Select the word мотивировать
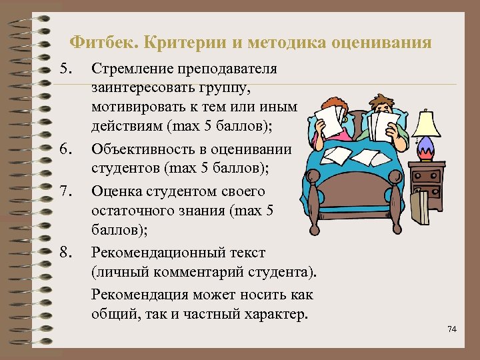coord(135,108)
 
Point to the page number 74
coord(453,329)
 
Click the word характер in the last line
coord(277,313)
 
